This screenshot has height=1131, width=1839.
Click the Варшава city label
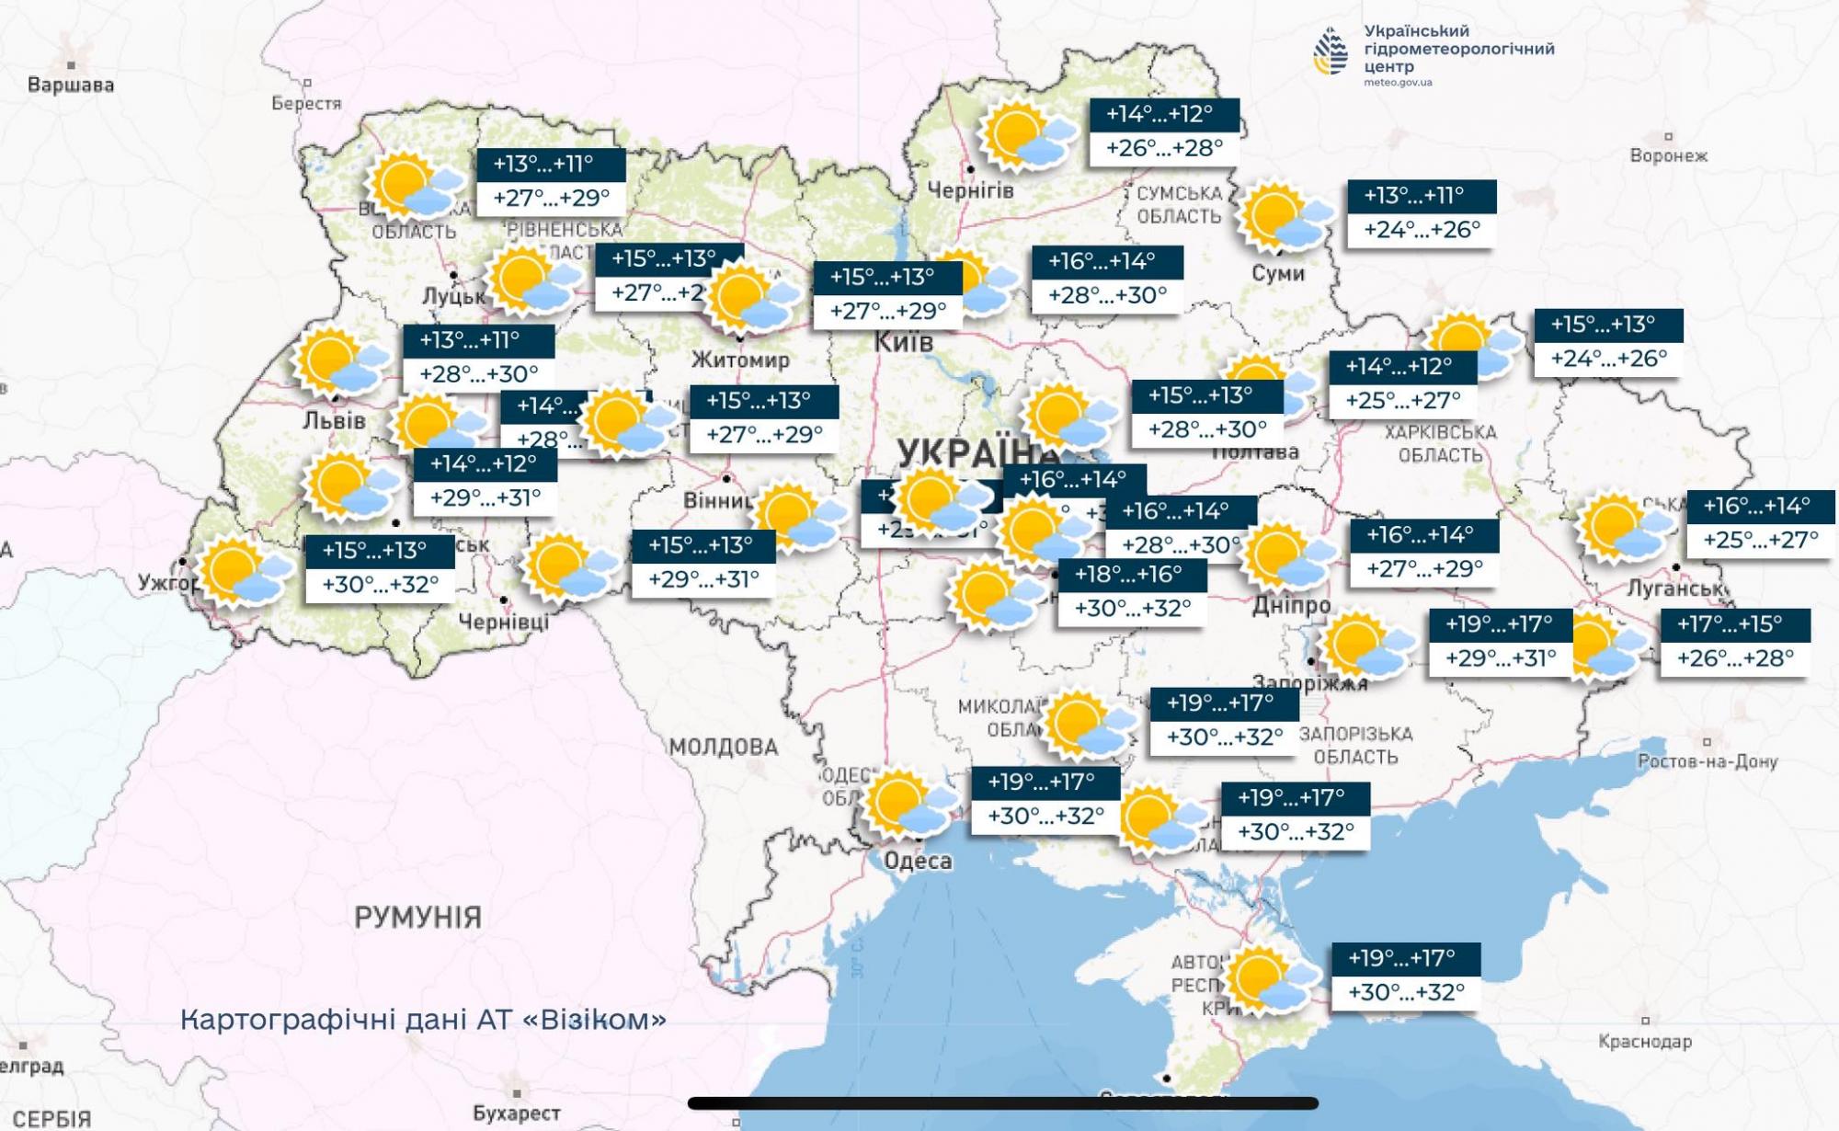(71, 86)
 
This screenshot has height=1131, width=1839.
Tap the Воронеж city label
(1668, 155)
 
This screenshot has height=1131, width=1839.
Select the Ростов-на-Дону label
(1708, 761)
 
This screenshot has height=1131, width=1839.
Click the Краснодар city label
(1645, 1042)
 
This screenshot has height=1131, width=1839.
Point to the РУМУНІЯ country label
(418, 917)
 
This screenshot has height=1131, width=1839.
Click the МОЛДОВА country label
(724, 747)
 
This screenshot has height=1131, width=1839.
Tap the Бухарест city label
(517, 1114)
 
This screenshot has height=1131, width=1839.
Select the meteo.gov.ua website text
(1398, 83)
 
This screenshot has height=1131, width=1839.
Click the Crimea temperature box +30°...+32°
(1406, 993)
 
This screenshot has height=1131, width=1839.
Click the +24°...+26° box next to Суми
(1422, 230)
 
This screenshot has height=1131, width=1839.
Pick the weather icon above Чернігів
(1025, 136)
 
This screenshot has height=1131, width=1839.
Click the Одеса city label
(918, 862)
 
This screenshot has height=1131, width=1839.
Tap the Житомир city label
(740, 360)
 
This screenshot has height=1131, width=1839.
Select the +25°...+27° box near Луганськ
(1760, 540)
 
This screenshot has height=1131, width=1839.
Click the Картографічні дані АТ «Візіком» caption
(423, 1020)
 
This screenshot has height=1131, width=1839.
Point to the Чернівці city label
(504, 623)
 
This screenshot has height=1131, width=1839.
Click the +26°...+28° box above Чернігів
(1164, 148)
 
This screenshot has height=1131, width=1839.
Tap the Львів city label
(335, 421)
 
